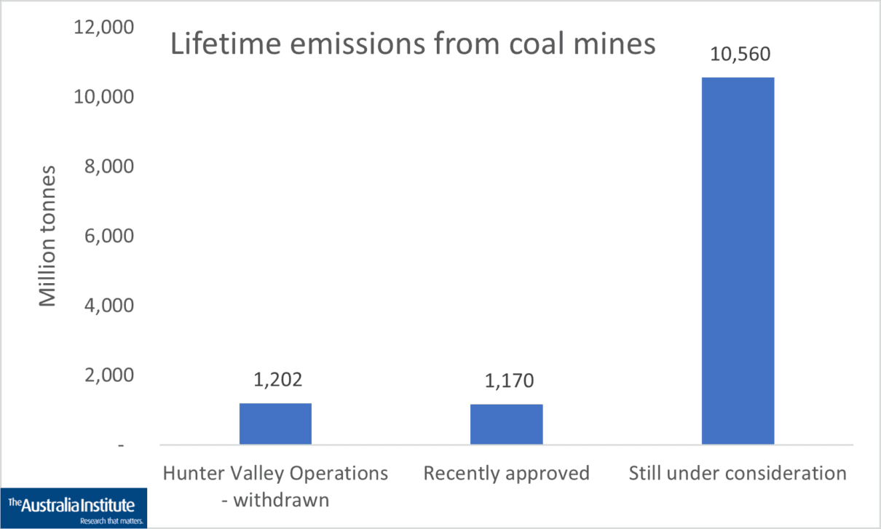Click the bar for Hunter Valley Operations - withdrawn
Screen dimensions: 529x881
click(x=275, y=423)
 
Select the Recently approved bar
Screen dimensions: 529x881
click(x=506, y=424)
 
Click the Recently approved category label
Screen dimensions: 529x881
click(x=506, y=474)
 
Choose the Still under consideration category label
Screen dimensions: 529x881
click(x=738, y=474)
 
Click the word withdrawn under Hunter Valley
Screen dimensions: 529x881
click(x=284, y=500)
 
